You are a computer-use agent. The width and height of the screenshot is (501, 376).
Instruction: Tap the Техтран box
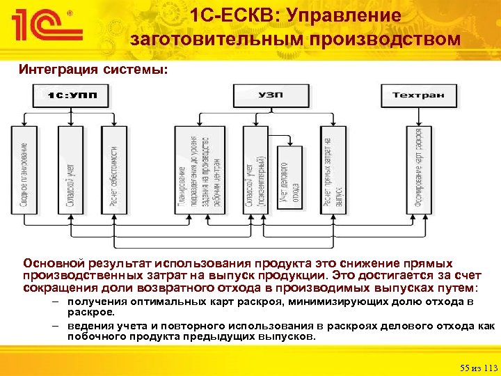[418, 95]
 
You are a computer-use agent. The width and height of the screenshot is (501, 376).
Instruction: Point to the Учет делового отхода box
[289, 178]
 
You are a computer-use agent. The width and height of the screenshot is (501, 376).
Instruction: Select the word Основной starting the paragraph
[54, 263]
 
